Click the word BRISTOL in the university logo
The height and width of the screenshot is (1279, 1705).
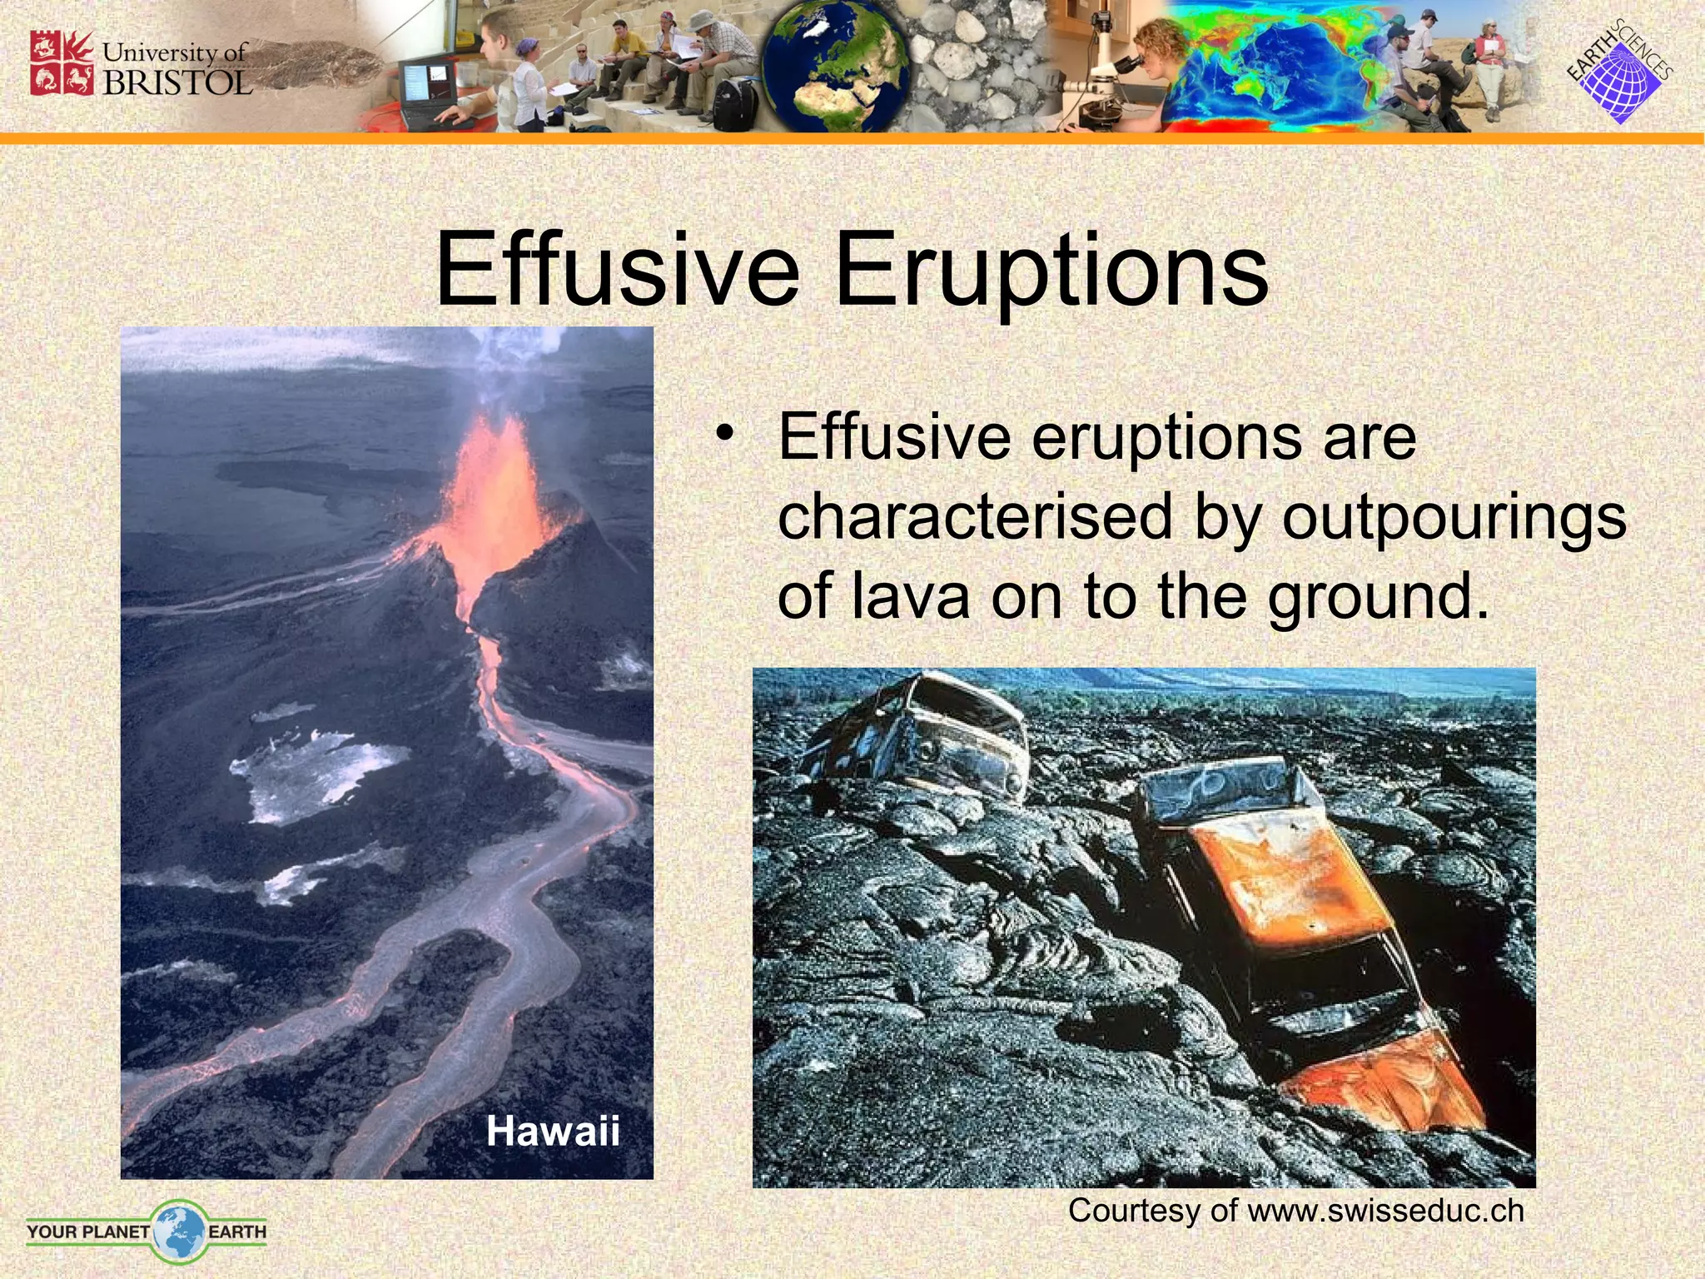177,82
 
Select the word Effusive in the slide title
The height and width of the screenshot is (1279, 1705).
616,269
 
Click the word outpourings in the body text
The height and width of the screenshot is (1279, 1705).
1454,517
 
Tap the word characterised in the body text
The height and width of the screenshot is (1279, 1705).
975,516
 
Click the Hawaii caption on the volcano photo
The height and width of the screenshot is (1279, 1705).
553,1131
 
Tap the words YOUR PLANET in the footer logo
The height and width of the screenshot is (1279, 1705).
87,1232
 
